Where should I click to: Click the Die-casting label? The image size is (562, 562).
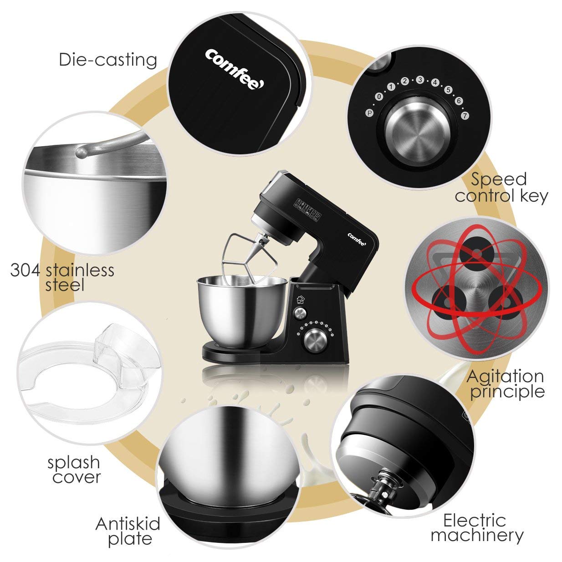108,61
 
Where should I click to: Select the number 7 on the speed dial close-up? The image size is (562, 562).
465,116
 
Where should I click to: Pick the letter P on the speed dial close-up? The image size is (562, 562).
369,113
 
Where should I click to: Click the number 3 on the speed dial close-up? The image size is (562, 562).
420,80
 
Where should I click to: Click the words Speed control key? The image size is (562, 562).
501,187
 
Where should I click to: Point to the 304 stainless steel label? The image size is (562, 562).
62,277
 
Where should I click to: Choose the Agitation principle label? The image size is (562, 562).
506,384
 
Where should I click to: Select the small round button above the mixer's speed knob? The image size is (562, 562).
300,313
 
